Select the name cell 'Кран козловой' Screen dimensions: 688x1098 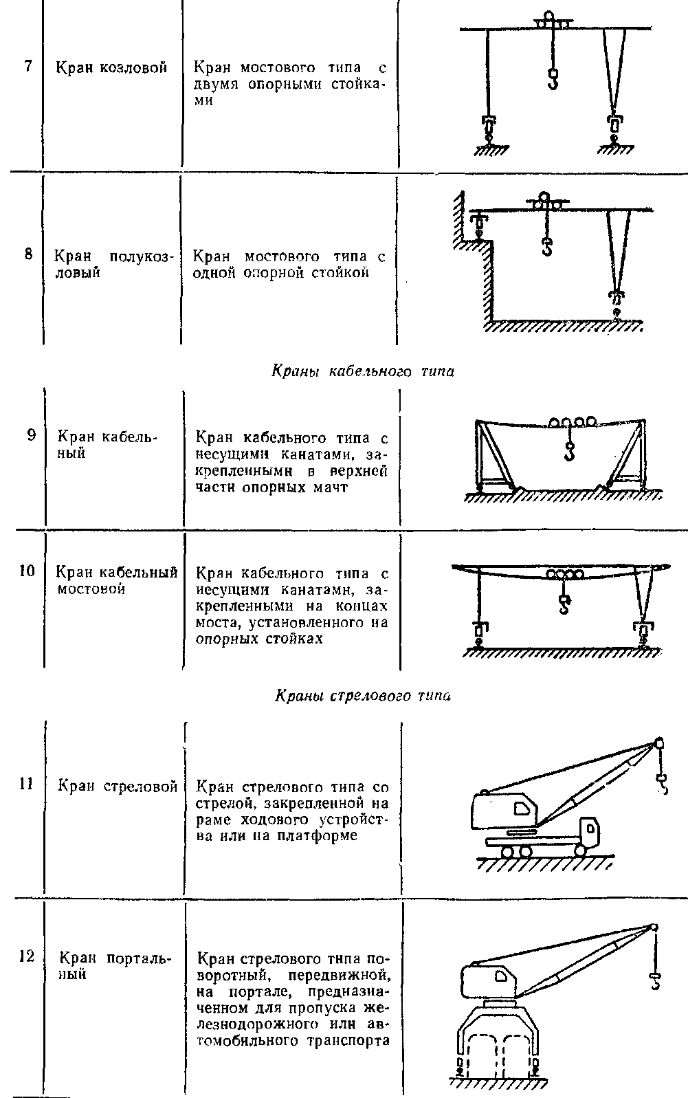[x=111, y=67]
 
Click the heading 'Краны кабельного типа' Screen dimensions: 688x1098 [x=363, y=371]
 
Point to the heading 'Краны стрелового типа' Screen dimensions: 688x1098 [x=363, y=695]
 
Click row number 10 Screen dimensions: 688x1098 [x=27, y=571]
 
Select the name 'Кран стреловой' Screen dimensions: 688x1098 [x=118, y=786]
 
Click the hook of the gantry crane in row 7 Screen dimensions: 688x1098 [x=553, y=79]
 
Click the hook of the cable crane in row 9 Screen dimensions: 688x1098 [x=569, y=451]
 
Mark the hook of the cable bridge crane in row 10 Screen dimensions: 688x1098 [x=564, y=604]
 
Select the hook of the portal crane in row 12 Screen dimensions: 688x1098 [x=654, y=981]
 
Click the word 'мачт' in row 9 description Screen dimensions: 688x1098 [x=331, y=487]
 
